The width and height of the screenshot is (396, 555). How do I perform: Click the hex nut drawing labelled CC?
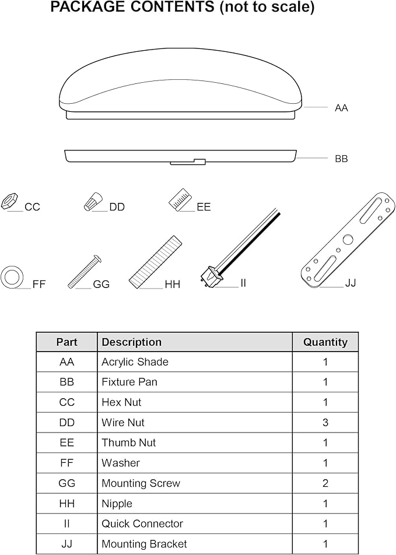(x=8, y=201)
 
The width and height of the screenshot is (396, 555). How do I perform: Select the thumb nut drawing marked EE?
(x=180, y=199)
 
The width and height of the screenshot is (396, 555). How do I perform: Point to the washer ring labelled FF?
(x=12, y=276)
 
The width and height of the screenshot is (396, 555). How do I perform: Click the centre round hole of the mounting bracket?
(x=348, y=240)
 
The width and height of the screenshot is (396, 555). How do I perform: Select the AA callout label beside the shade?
(x=341, y=108)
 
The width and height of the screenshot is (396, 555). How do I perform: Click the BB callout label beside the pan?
(x=341, y=159)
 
